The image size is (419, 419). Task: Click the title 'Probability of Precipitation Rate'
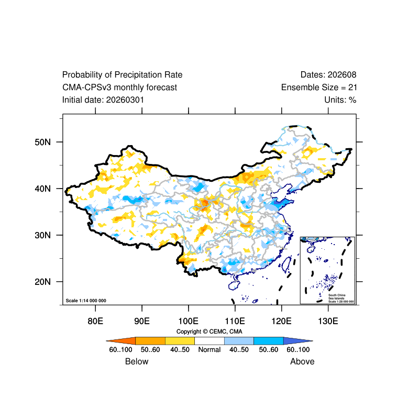122,75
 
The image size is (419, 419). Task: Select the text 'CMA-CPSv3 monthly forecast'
119,87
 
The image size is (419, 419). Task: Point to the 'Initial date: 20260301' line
103,100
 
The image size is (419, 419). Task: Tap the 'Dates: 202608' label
328,75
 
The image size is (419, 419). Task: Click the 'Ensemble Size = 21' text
319,87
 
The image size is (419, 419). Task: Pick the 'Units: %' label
340,100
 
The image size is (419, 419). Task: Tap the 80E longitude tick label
95,320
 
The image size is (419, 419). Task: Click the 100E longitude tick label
188,320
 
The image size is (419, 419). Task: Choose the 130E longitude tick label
328,320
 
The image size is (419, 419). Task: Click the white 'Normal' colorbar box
210,340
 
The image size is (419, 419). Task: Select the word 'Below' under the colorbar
137,361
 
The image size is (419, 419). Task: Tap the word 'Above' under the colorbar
302,361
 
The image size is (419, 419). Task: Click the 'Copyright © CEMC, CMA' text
210,332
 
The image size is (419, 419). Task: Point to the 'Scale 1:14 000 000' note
86,301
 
